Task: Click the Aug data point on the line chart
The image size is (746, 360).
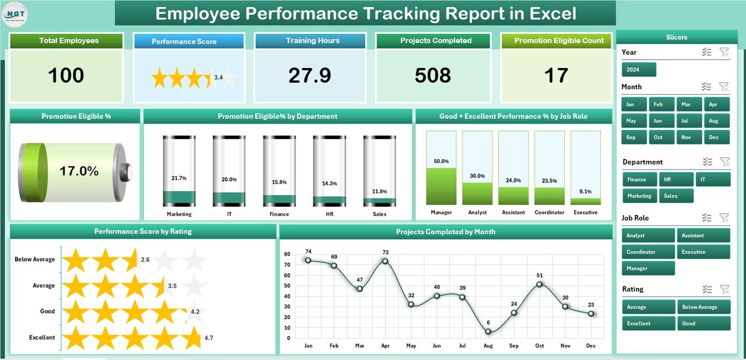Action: click(488, 331)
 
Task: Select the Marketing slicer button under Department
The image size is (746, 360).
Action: click(639, 196)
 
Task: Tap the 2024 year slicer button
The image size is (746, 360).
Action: click(639, 70)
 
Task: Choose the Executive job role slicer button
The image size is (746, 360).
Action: click(703, 252)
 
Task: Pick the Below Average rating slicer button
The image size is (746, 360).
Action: click(703, 307)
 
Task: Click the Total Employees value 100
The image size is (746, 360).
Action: click(66, 76)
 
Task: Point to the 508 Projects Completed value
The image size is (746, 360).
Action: click(432, 76)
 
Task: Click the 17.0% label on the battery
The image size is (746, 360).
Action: click(79, 171)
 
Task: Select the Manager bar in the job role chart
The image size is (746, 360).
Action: click(441, 186)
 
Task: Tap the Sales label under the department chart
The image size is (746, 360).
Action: click(379, 214)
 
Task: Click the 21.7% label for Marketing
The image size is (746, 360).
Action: click(179, 178)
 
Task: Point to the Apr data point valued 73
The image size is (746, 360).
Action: click(385, 261)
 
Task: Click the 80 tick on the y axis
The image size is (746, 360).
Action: click(287, 254)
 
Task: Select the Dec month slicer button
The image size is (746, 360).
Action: click(716, 137)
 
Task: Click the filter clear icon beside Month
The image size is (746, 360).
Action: click(724, 87)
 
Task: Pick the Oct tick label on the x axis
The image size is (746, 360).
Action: click(540, 346)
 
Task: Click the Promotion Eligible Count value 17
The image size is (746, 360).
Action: click(556, 76)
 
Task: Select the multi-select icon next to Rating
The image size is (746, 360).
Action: click(707, 289)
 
